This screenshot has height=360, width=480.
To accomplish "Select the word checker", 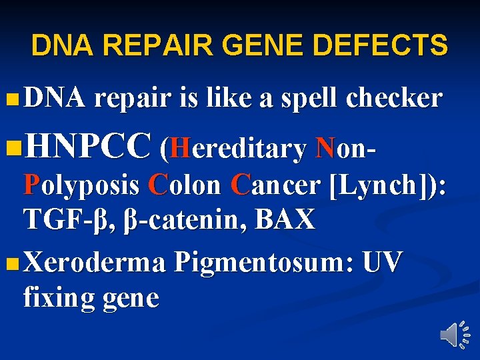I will [x=394, y=99].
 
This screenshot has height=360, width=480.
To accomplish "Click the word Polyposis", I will [x=81, y=185].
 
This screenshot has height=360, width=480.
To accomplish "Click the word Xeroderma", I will [x=94, y=263].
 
